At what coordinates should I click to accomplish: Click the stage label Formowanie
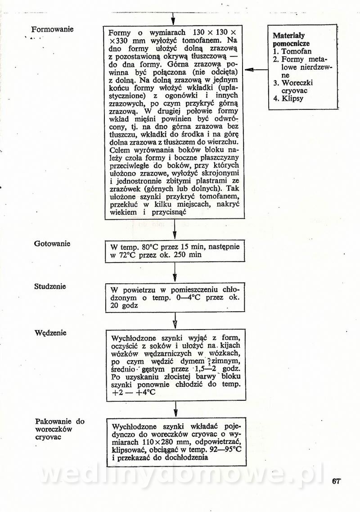52,30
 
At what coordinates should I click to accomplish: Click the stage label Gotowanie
52,244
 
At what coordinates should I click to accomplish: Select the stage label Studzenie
50,286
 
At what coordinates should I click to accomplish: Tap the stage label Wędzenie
50,333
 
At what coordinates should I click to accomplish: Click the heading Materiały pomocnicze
289,39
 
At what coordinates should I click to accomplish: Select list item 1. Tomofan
293,52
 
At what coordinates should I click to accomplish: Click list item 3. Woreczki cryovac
297,86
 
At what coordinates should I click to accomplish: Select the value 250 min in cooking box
185,255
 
